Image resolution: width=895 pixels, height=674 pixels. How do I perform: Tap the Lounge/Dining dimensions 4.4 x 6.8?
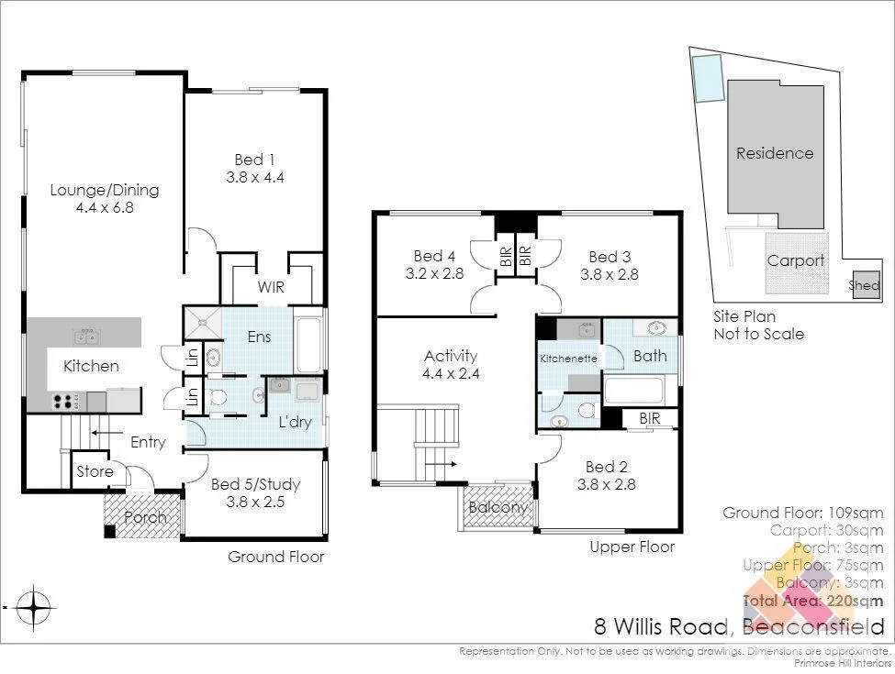tap(104, 208)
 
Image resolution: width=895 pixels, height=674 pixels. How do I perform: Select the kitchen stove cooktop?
tap(65, 401)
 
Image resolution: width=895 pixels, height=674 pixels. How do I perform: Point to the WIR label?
tap(271, 288)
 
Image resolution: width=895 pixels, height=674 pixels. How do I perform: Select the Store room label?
tap(95, 472)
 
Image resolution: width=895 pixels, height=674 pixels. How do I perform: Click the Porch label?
tap(145, 517)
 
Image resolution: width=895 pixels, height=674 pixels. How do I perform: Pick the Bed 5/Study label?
tap(255, 484)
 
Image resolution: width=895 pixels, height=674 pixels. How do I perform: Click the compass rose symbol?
tap(34, 606)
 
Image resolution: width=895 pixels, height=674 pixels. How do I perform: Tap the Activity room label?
tap(451, 356)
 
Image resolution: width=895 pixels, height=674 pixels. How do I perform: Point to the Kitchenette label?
tap(568, 358)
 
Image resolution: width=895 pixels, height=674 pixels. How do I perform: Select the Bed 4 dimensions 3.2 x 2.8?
tap(434, 273)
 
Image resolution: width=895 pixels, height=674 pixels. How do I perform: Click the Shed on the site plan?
tap(865, 285)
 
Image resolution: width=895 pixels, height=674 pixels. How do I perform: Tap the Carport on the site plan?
tap(795, 260)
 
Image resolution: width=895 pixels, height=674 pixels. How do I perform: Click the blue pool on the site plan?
tap(708, 77)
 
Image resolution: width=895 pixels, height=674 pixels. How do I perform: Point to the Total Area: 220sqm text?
tap(812, 602)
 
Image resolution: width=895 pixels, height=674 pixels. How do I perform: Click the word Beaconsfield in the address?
tap(813, 628)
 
